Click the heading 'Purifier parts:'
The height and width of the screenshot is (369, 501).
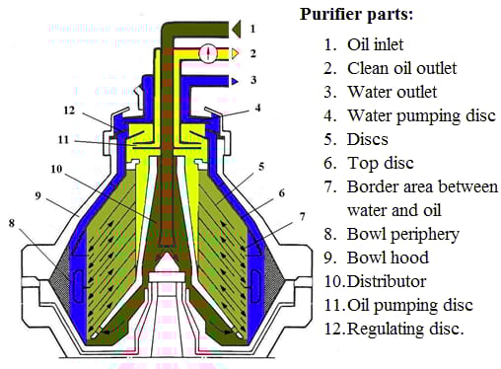tap(356, 15)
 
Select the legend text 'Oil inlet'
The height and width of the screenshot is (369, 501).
tap(375, 44)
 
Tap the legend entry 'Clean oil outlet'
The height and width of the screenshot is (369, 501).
tap(401, 68)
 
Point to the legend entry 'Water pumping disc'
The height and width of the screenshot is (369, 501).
tap(421, 115)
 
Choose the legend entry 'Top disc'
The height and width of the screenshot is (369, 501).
tap(381, 163)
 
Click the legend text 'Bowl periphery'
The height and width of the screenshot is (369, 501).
tap(403, 234)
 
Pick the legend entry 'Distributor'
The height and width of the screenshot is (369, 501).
tap(387, 281)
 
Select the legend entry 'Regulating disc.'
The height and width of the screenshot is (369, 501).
tap(405, 329)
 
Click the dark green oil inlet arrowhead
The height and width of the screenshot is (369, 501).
tap(237, 29)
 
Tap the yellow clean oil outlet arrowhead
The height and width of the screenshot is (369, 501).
tap(235, 53)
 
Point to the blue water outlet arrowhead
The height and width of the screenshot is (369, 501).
tap(235, 81)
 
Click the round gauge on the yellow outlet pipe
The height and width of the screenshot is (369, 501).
tap(208, 53)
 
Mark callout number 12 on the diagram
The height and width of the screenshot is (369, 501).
tap(69, 111)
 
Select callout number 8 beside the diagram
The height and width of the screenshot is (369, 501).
tap(12, 223)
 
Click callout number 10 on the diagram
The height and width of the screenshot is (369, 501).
tap(56, 169)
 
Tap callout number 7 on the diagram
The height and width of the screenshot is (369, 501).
tap(302, 217)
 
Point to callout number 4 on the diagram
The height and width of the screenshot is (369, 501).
tap(258, 108)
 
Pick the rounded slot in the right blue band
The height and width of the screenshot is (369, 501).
tap(255, 286)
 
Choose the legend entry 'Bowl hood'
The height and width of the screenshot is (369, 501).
tap(388, 258)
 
